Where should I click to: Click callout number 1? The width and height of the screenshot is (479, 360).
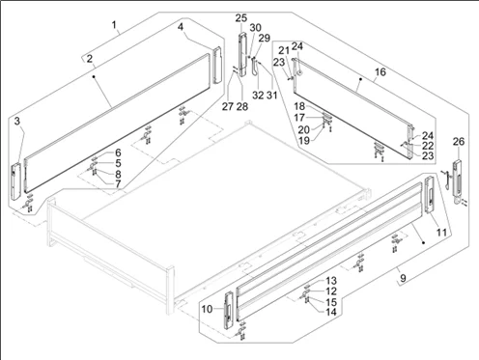point(114,25)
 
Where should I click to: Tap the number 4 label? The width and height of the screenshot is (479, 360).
point(181,27)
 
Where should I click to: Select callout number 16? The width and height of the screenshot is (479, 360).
point(380,71)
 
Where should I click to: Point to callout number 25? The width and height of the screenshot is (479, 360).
point(240,18)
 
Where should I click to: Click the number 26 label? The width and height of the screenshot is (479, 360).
point(459,141)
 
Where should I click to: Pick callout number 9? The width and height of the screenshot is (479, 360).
point(404,277)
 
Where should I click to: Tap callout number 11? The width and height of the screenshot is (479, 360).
point(441,232)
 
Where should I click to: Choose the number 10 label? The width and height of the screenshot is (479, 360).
point(207,309)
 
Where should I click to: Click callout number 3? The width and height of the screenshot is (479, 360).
point(17,122)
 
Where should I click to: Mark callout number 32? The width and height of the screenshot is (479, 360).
point(258,96)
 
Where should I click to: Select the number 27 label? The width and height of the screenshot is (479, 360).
point(228,106)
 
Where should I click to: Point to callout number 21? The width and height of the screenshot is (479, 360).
point(284,50)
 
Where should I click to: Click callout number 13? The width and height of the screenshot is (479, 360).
point(331,281)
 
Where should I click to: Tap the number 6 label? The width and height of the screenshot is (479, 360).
point(118,152)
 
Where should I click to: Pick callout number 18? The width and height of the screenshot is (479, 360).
point(299,106)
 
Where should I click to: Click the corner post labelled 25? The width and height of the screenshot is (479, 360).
point(242,54)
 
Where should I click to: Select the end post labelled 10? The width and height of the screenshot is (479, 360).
point(229,310)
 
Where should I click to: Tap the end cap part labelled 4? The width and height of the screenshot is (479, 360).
point(217,66)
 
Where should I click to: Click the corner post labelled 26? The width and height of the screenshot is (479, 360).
point(457,180)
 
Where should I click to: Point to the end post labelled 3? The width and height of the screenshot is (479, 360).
point(15,181)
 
